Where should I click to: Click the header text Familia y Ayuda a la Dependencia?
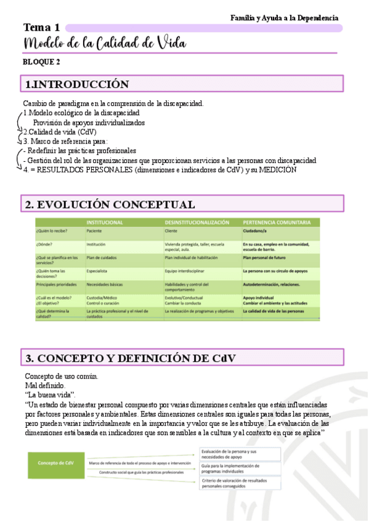click(x=284, y=18)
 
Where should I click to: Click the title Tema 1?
click(x=42, y=28)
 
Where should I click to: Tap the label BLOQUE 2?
click(x=41, y=62)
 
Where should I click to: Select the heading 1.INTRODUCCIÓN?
click(x=76, y=84)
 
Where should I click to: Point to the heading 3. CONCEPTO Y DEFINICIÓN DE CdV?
click(x=130, y=358)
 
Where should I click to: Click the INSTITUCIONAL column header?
click(x=104, y=222)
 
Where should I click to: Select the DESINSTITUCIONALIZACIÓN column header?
click(x=197, y=222)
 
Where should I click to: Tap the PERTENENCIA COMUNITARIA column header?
click(x=281, y=222)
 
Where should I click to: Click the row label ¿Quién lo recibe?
click(x=52, y=231)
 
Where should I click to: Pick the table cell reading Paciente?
click(x=94, y=231)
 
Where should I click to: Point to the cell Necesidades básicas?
click(x=105, y=284)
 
